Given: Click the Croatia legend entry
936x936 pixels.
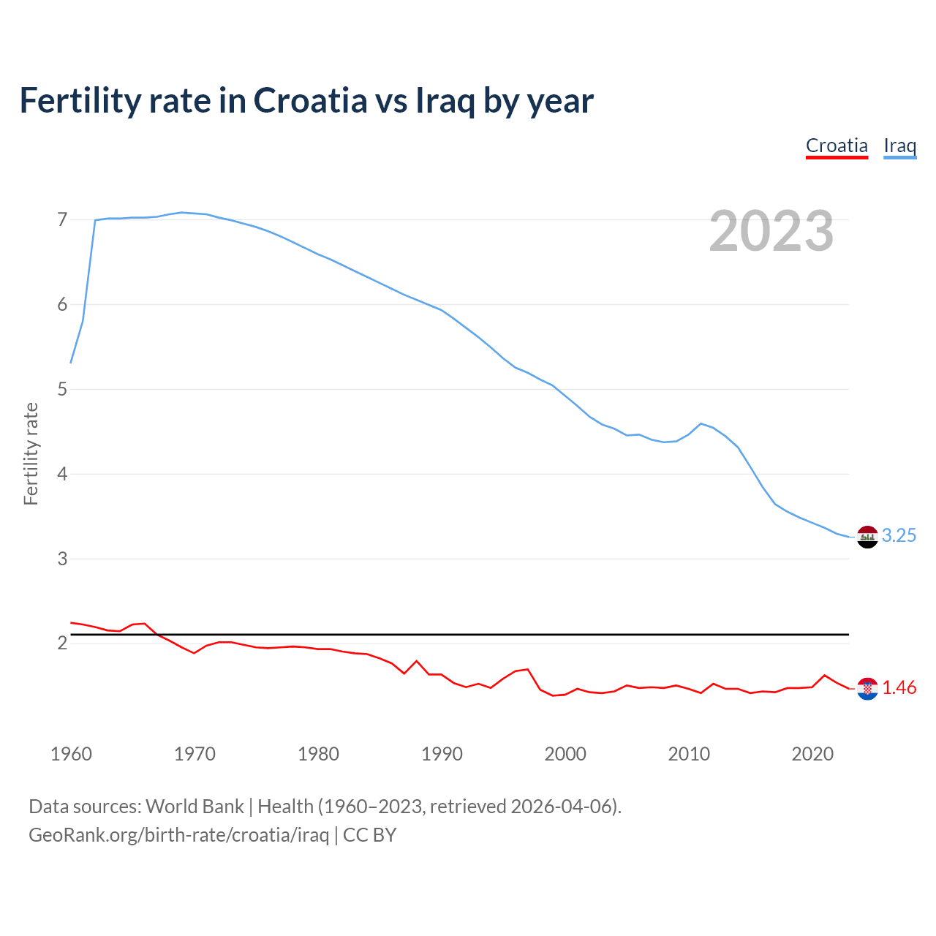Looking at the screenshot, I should pos(837,146).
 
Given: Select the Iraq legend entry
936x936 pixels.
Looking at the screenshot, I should pos(899,146).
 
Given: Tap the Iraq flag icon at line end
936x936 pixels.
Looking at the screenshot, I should pos(867,537).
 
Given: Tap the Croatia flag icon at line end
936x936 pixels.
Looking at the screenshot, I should pos(867,689).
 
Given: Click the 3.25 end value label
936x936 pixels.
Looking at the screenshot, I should pos(899,536).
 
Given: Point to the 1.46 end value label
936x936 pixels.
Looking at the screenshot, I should pos(899,688).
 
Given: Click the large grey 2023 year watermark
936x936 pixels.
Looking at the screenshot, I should pos(771,231).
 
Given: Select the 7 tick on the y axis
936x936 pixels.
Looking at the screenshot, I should pos(62,220).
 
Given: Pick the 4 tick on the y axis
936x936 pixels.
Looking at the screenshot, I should pos(62,474).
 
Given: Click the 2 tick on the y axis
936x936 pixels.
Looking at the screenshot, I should pos(62,643).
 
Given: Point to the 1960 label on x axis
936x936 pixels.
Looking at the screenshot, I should pos(71,754).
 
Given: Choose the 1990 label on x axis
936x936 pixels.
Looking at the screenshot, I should pos(442,754).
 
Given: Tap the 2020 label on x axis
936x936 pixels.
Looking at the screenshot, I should pos(812,754).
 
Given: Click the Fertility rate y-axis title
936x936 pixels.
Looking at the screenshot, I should pos(31,453).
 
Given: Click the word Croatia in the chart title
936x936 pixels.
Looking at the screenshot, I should pos(310,101).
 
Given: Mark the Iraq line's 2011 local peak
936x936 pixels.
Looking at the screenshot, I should pos(701,423).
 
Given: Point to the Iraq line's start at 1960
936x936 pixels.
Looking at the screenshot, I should pos(71,363).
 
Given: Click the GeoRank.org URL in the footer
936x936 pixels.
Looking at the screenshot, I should pos(178,835).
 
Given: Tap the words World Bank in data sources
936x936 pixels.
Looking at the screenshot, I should pos(195,807).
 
